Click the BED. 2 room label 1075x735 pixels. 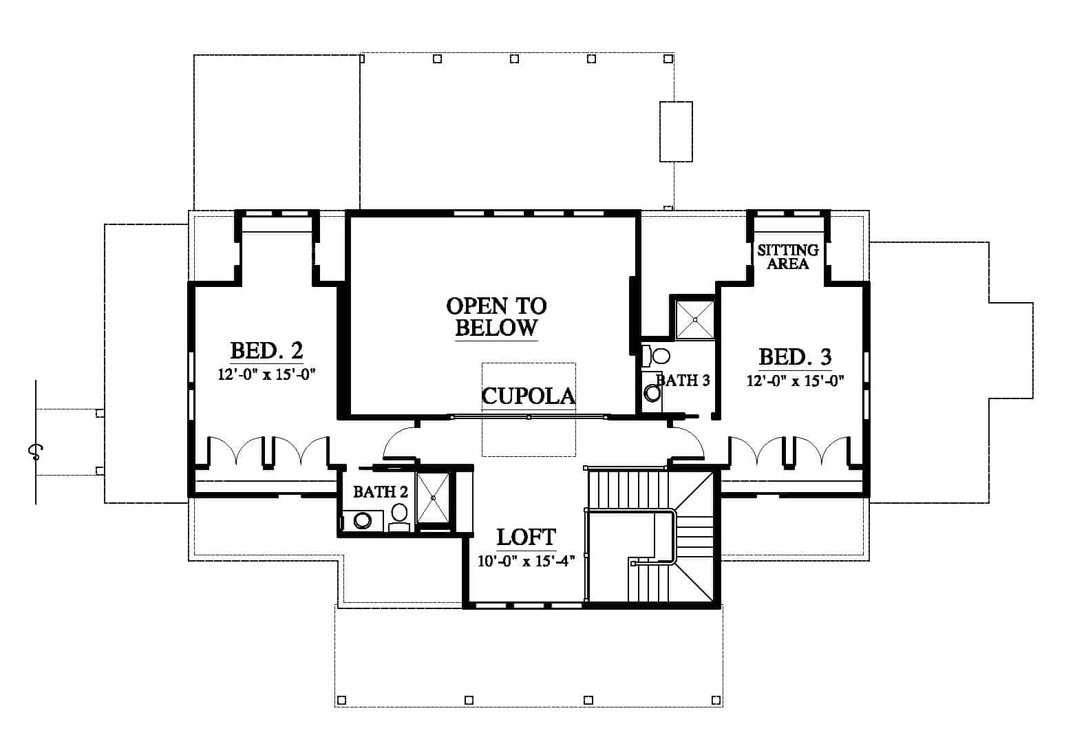(267, 351)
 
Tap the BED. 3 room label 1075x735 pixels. (795, 357)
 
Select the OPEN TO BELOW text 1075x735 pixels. (496, 317)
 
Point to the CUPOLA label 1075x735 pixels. (528, 396)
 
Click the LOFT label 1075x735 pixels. (526, 537)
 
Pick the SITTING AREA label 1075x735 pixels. (788, 257)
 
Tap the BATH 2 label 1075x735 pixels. (381, 492)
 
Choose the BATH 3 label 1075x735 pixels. (683, 381)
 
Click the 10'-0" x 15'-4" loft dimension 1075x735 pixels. (526, 561)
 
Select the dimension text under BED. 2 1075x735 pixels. (267, 374)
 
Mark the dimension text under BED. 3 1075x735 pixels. (795, 381)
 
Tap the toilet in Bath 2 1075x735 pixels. (399, 516)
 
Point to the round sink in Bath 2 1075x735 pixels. (362, 520)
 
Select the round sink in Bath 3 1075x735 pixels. (652, 393)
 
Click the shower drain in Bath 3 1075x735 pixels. (695, 319)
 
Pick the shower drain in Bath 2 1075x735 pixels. (433, 498)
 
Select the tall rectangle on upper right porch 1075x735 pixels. (676, 131)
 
